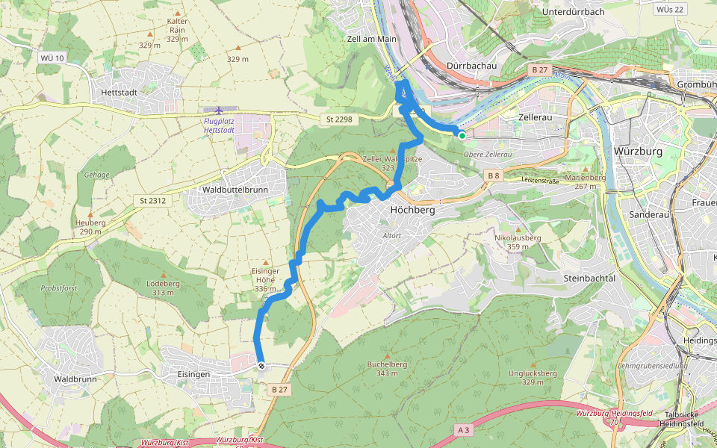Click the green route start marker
(x=462, y=135)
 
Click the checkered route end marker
(x=261, y=365)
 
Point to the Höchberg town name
(x=412, y=211)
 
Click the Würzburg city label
(x=637, y=151)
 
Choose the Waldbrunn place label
(x=75, y=379)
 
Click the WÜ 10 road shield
(x=51, y=57)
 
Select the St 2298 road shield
(x=338, y=119)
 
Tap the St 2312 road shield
(x=152, y=200)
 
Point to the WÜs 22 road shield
(x=667, y=9)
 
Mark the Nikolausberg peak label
(x=518, y=238)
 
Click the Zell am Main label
(x=371, y=38)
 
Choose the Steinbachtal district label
(x=589, y=278)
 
